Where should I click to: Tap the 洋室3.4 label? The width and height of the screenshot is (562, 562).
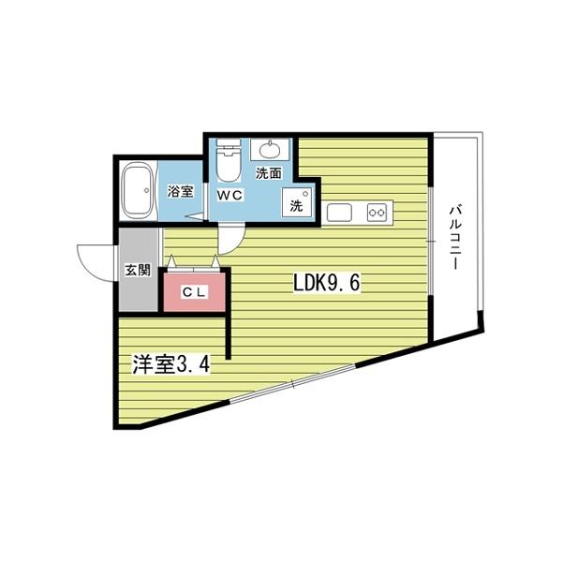pos(171,365)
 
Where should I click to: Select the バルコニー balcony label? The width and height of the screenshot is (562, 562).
pos(455,237)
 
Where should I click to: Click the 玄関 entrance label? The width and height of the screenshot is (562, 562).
pos(138,271)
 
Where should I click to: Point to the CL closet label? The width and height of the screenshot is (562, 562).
pos(194,292)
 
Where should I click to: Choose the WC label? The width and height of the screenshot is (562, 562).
pos(229,196)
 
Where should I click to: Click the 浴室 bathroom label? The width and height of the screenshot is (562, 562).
pos(181,192)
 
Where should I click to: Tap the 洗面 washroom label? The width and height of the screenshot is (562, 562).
pos(269,173)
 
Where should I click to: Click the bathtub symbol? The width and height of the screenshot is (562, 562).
pos(138,191)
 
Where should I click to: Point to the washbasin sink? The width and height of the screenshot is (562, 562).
pos(270,150)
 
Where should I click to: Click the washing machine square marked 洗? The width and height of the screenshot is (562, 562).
pos(297,202)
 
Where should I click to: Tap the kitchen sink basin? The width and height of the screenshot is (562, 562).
pos(339,213)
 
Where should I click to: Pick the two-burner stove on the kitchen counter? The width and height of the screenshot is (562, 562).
pos(377,213)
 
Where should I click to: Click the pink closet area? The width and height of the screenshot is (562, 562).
pos(194,292)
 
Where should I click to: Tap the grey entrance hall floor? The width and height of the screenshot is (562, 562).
pos(139,270)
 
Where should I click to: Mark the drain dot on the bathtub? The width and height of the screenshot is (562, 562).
pos(146,191)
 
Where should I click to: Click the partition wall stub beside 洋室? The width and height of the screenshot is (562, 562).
pos(229,335)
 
